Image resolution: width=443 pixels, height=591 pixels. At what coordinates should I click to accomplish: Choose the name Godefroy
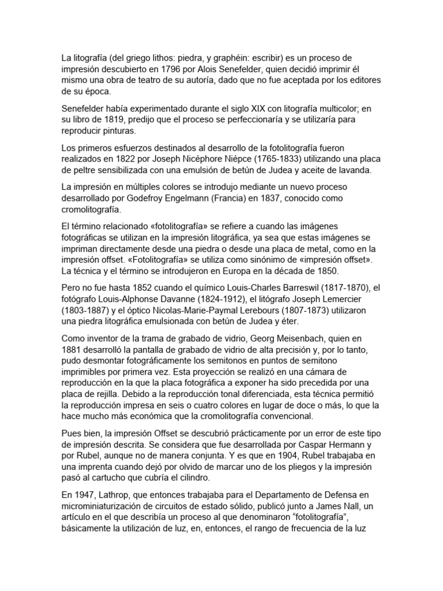[192, 199]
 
